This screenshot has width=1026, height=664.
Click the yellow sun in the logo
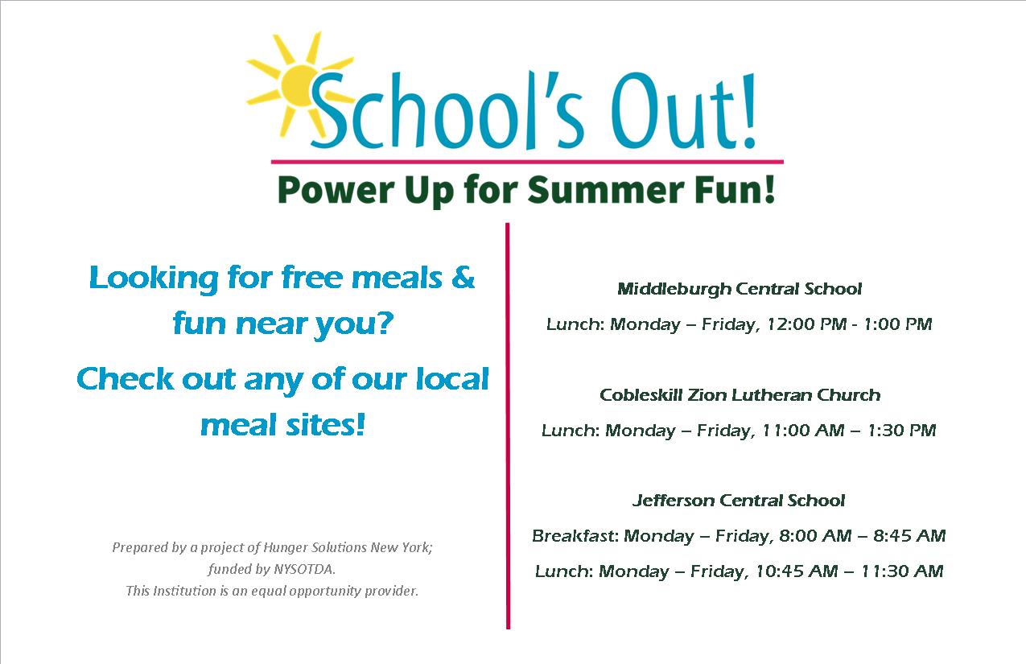pyautogui.click(x=300, y=86)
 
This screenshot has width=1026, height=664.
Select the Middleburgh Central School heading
pyautogui.click(x=740, y=289)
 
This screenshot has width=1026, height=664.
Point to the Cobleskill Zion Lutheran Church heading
pyautogui.click(x=740, y=394)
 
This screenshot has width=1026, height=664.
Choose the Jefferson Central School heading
pyautogui.click(x=739, y=500)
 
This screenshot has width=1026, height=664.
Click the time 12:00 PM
pyautogui.click(x=806, y=324)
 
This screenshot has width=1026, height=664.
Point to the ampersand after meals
pyautogui.click(x=463, y=277)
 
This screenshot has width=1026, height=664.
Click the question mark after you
pyautogui.click(x=385, y=323)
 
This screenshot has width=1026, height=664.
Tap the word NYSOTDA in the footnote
pyautogui.click(x=303, y=569)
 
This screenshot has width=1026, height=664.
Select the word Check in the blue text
pyautogui.click(x=125, y=378)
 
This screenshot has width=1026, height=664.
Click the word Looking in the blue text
pyautogui.click(x=154, y=278)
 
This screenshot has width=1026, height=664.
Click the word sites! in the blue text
pyautogui.click(x=325, y=425)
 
